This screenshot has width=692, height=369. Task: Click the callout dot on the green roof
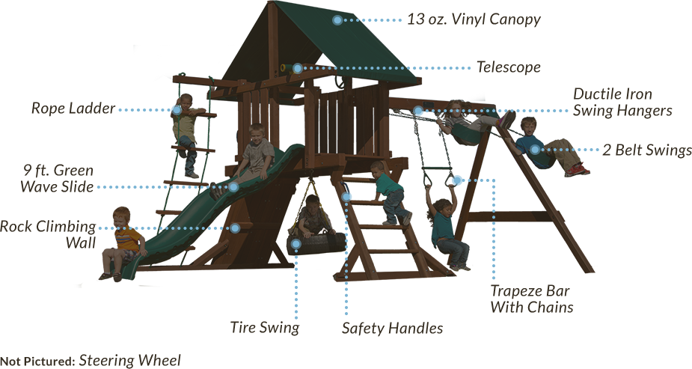tap(337, 20)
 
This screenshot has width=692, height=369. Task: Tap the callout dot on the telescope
tap(297, 68)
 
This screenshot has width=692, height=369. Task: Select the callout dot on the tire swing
tap(296, 244)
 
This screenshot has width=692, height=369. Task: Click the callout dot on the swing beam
tap(418, 112)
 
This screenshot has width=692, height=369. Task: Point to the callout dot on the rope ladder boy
tap(177, 110)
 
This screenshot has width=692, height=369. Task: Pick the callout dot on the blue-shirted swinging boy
tap(535, 150)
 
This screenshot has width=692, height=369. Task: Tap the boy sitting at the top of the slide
tap(254, 150)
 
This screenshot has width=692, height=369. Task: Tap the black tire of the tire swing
tap(318, 243)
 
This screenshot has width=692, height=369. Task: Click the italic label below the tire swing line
tap(265, 328)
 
